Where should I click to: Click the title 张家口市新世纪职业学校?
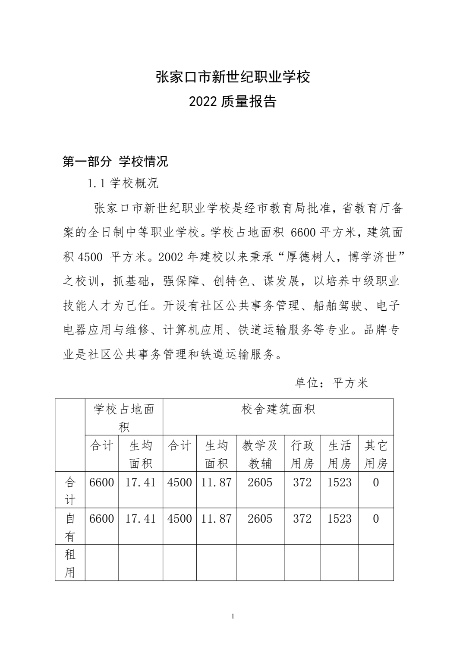[233, 77]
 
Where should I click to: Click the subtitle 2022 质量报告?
[233, 102]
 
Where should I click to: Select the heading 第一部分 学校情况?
[115, 162]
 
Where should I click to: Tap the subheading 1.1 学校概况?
[123, 184]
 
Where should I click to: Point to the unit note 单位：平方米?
[331, 383]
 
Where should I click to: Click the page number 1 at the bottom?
[233, 616]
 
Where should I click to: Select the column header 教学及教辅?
[260, 454]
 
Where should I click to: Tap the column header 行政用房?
[302, 454]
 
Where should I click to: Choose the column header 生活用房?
[340, 454]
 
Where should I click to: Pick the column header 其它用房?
[376, 454]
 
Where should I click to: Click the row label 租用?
[70, 563]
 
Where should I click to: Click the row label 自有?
[70, 527]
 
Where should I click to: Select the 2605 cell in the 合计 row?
[260, 482]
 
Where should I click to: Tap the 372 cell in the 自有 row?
[302, 519]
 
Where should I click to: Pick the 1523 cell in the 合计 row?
[340, 482]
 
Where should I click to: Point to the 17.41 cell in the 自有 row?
[140, 519]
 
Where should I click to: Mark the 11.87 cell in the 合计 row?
[216, 482]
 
